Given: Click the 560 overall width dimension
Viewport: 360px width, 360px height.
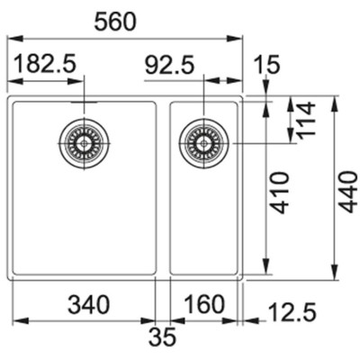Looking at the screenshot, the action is [x=115, y=22].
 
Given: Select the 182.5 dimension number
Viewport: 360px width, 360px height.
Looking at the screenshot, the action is [x=45, y=64].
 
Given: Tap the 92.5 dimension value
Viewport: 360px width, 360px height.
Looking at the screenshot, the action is [x=169, y=66].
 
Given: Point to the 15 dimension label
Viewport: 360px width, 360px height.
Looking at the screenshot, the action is [x=266, y=65].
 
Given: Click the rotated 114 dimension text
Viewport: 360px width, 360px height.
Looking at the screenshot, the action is [x=306, y=120].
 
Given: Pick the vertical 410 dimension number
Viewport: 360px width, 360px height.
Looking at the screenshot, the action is [x=279, y=193].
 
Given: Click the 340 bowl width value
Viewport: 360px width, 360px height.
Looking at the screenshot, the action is [x=89, y=304].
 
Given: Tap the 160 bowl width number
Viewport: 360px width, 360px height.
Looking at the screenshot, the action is [x=204, y=304].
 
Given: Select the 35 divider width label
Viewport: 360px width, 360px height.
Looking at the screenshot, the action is [x=162, y=337].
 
